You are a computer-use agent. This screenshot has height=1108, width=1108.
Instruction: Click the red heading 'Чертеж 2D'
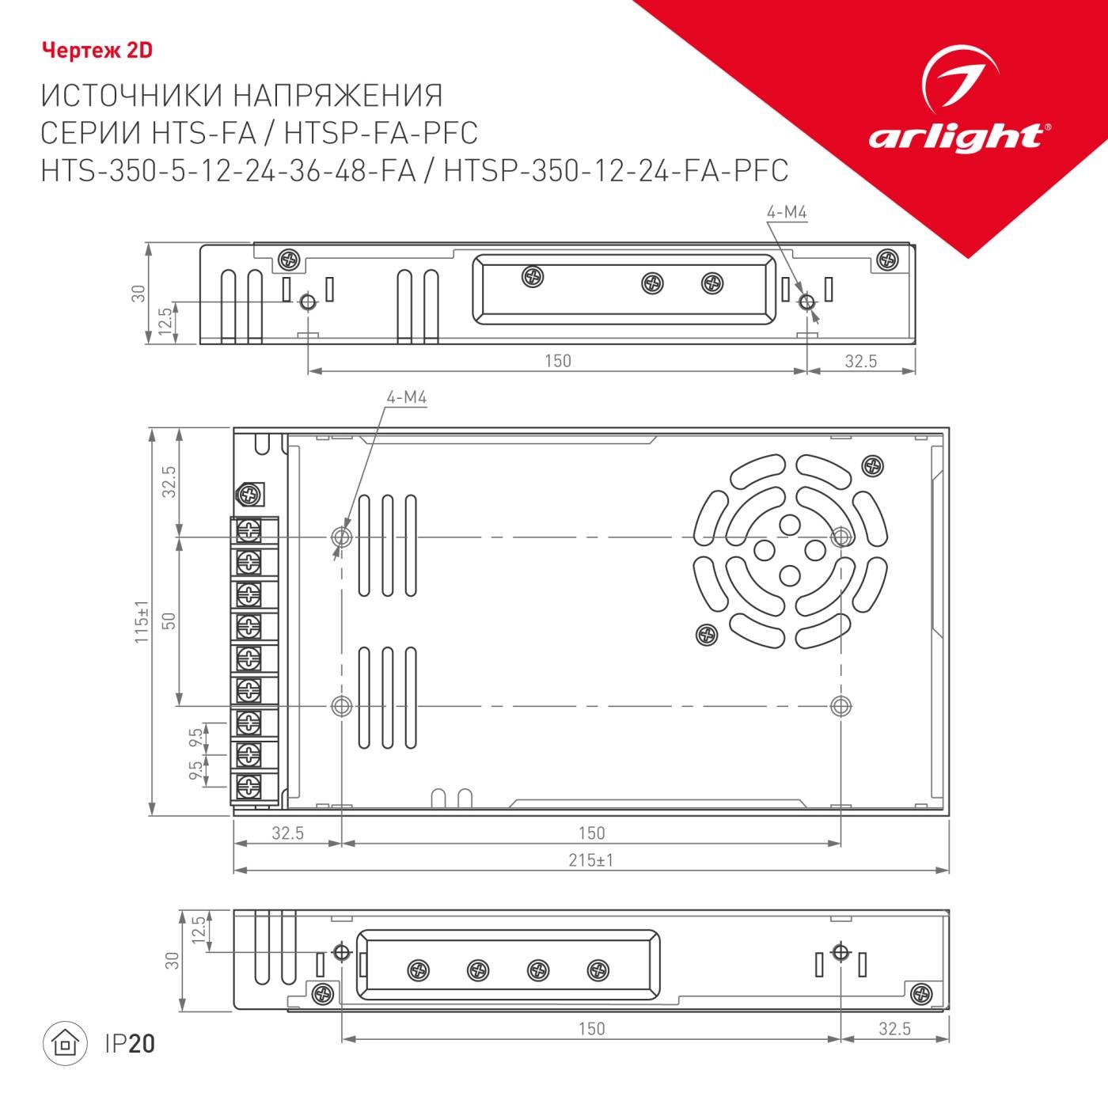click(x=97, y=51)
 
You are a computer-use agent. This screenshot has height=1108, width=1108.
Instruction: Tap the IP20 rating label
click(x=130, y=1044)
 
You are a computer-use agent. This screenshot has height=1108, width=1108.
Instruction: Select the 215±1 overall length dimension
click(x=590, y=859)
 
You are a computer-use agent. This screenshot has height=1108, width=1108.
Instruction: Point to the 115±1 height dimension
click(x=142, y=621)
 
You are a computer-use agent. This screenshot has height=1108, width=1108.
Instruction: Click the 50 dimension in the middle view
click(x=169, y=621)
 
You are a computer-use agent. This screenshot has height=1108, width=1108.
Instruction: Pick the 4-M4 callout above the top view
click(x=786, y=212)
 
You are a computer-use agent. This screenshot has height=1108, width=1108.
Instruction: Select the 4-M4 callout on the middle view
click(x=406, y=397)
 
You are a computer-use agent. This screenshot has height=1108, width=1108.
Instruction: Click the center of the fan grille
click(x=790, y=550)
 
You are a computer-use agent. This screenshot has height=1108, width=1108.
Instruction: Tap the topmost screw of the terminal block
click(x=249, y=529)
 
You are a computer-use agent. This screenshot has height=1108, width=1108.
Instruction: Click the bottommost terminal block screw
click(x=249, y=787)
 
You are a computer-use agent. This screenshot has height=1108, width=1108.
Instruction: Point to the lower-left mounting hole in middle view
click(x=341, y=706)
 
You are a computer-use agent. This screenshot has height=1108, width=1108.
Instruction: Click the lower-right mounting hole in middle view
click(x=841, y=706)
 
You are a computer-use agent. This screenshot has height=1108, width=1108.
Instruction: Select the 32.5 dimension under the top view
click(x=860, y=361)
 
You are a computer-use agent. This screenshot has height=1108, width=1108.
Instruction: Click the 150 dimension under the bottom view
click(x=590, y=1028)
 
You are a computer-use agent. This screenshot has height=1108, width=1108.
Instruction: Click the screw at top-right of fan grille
click(x=872, y=466)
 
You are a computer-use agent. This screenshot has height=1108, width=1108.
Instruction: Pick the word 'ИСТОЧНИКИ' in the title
click(x=131, y=96)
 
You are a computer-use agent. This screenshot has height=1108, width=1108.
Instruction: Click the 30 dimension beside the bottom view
click(x=173, y=960)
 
